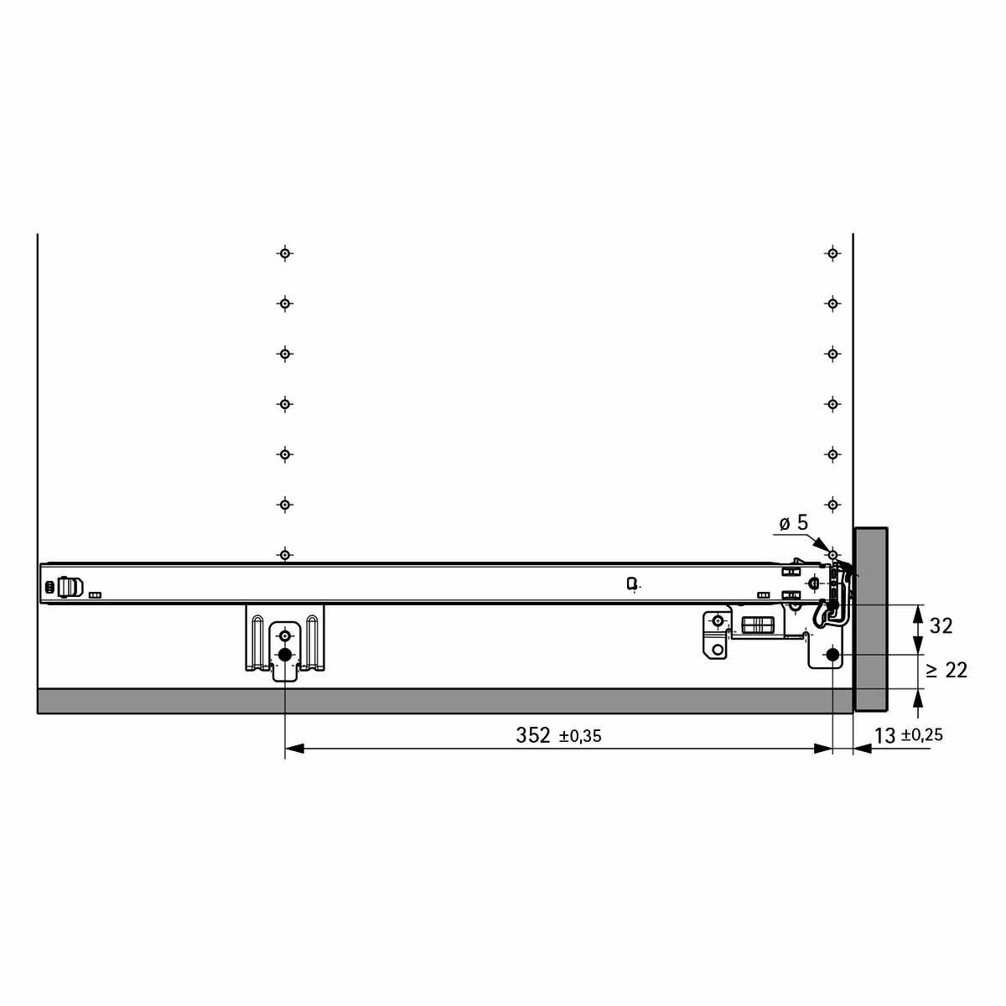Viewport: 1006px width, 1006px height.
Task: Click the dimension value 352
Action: pos(532,735)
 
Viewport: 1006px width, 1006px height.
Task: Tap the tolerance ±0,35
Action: pos(580,737)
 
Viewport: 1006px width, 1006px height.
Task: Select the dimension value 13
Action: pos(885,736)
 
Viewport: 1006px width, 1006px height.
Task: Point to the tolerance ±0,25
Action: pos(922,735)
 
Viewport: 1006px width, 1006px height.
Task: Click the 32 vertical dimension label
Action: pos(941,626)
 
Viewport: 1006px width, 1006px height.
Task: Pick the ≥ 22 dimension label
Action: pos(946,671)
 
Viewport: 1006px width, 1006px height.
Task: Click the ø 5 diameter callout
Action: pos(794,522)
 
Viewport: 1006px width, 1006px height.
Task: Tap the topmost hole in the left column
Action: pos(284,254)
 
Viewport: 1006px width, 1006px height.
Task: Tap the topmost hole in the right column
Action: pos(832,254)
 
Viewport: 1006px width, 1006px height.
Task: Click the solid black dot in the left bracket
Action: pos(284,655)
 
